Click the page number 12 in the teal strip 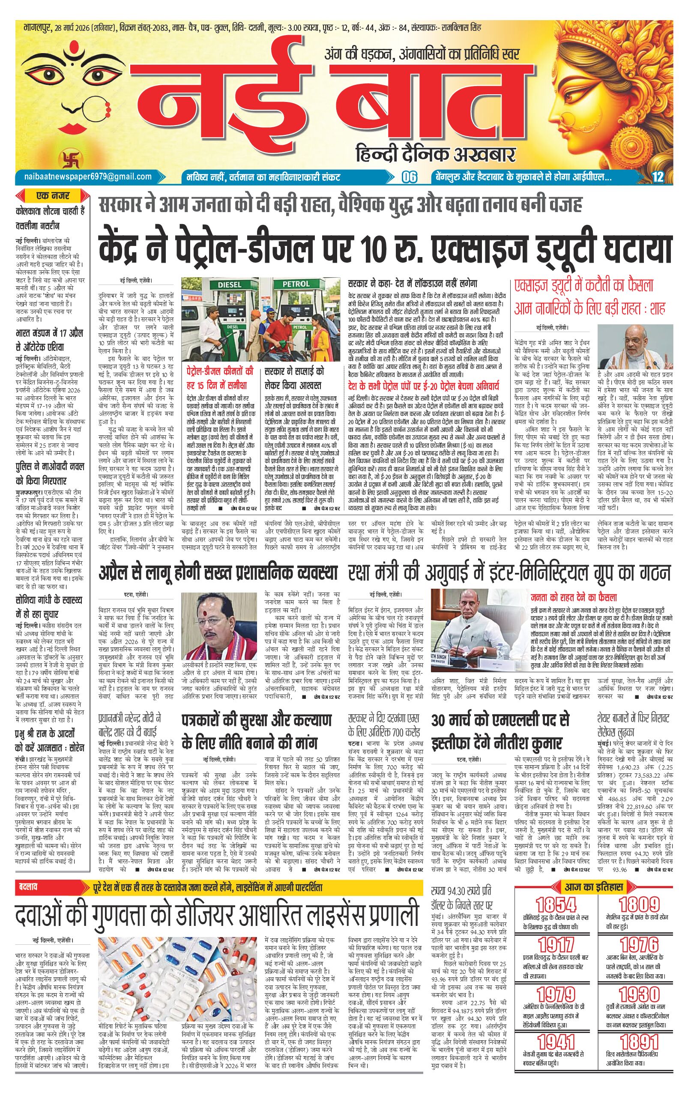coord(658,177)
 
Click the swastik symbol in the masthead coord(67,158)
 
